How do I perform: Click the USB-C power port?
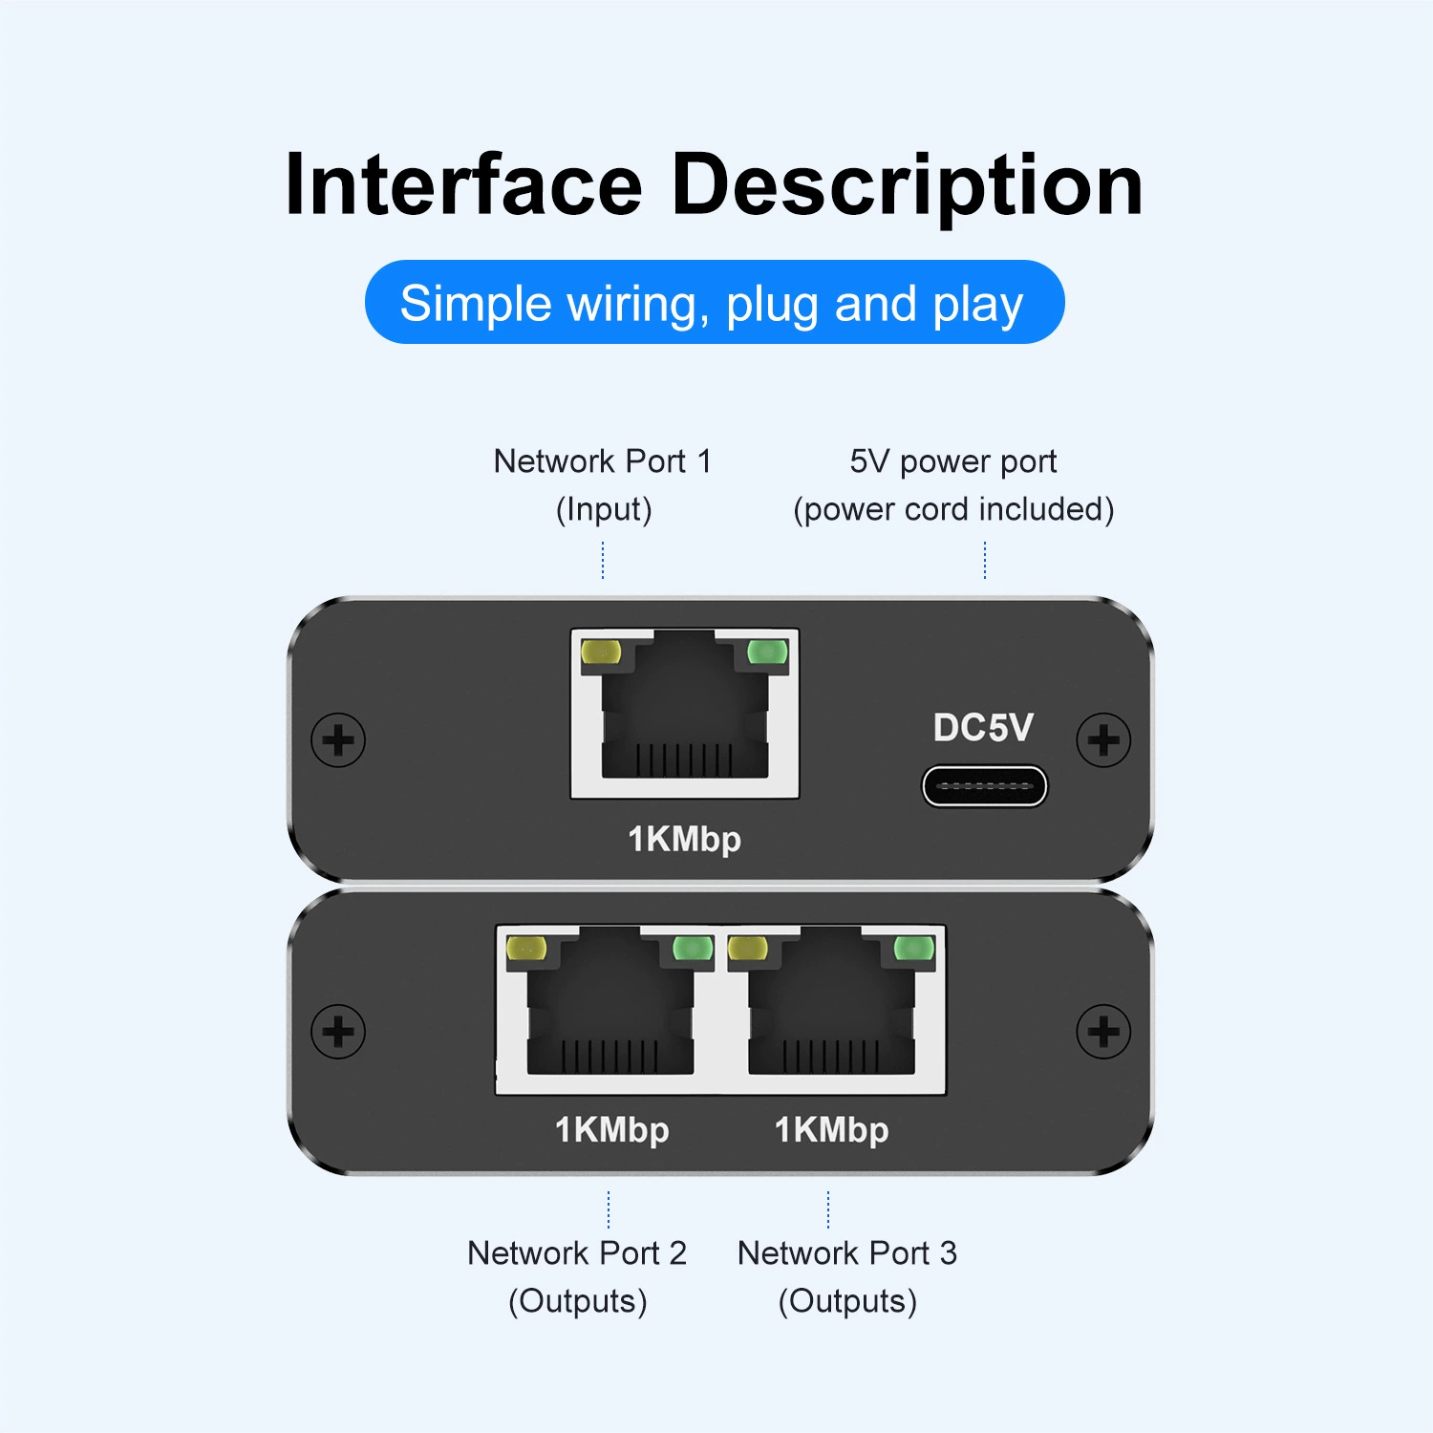pyautogui.click(x=984, y=786)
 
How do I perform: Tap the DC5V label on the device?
pyautogui.click(x=983, y=728)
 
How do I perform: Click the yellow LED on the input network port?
pyautogui.click(x=601, y=652)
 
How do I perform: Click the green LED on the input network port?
pyautogui.click(x=767, y=652)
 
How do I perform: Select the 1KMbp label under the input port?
pyautogui.click(x=684, y=840)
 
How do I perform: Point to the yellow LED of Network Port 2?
pyautogui.click(x=526, y=948)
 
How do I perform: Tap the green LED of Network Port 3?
pyautogui.click(x=913, y=948)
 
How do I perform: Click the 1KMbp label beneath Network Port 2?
pyautogui.click(x=611, y=1131)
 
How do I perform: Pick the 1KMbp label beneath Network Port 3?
pyautogui.click(x=831, y=1131)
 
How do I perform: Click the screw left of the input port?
pyautogui.click(x=338, y=739)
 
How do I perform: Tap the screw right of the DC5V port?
pyautogui.click(x=1103, y=739)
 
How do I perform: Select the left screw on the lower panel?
pyautogui.click(x=338, y=1032)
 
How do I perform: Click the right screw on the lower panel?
pyautogui.click(x=1103, y=1032)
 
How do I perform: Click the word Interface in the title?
pyautogui.click(x=463, y=184)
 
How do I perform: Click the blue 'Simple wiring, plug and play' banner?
pyautogui.click(x=715, y=302)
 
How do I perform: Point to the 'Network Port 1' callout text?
pyautogui.click(x=603, y=461)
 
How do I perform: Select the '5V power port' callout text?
pyautogui.click(x=953, y=462)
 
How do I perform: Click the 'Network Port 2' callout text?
pyautogui.click(x=577, y=1252)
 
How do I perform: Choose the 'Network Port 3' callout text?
pyautogui.click(x=847, y=1252)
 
